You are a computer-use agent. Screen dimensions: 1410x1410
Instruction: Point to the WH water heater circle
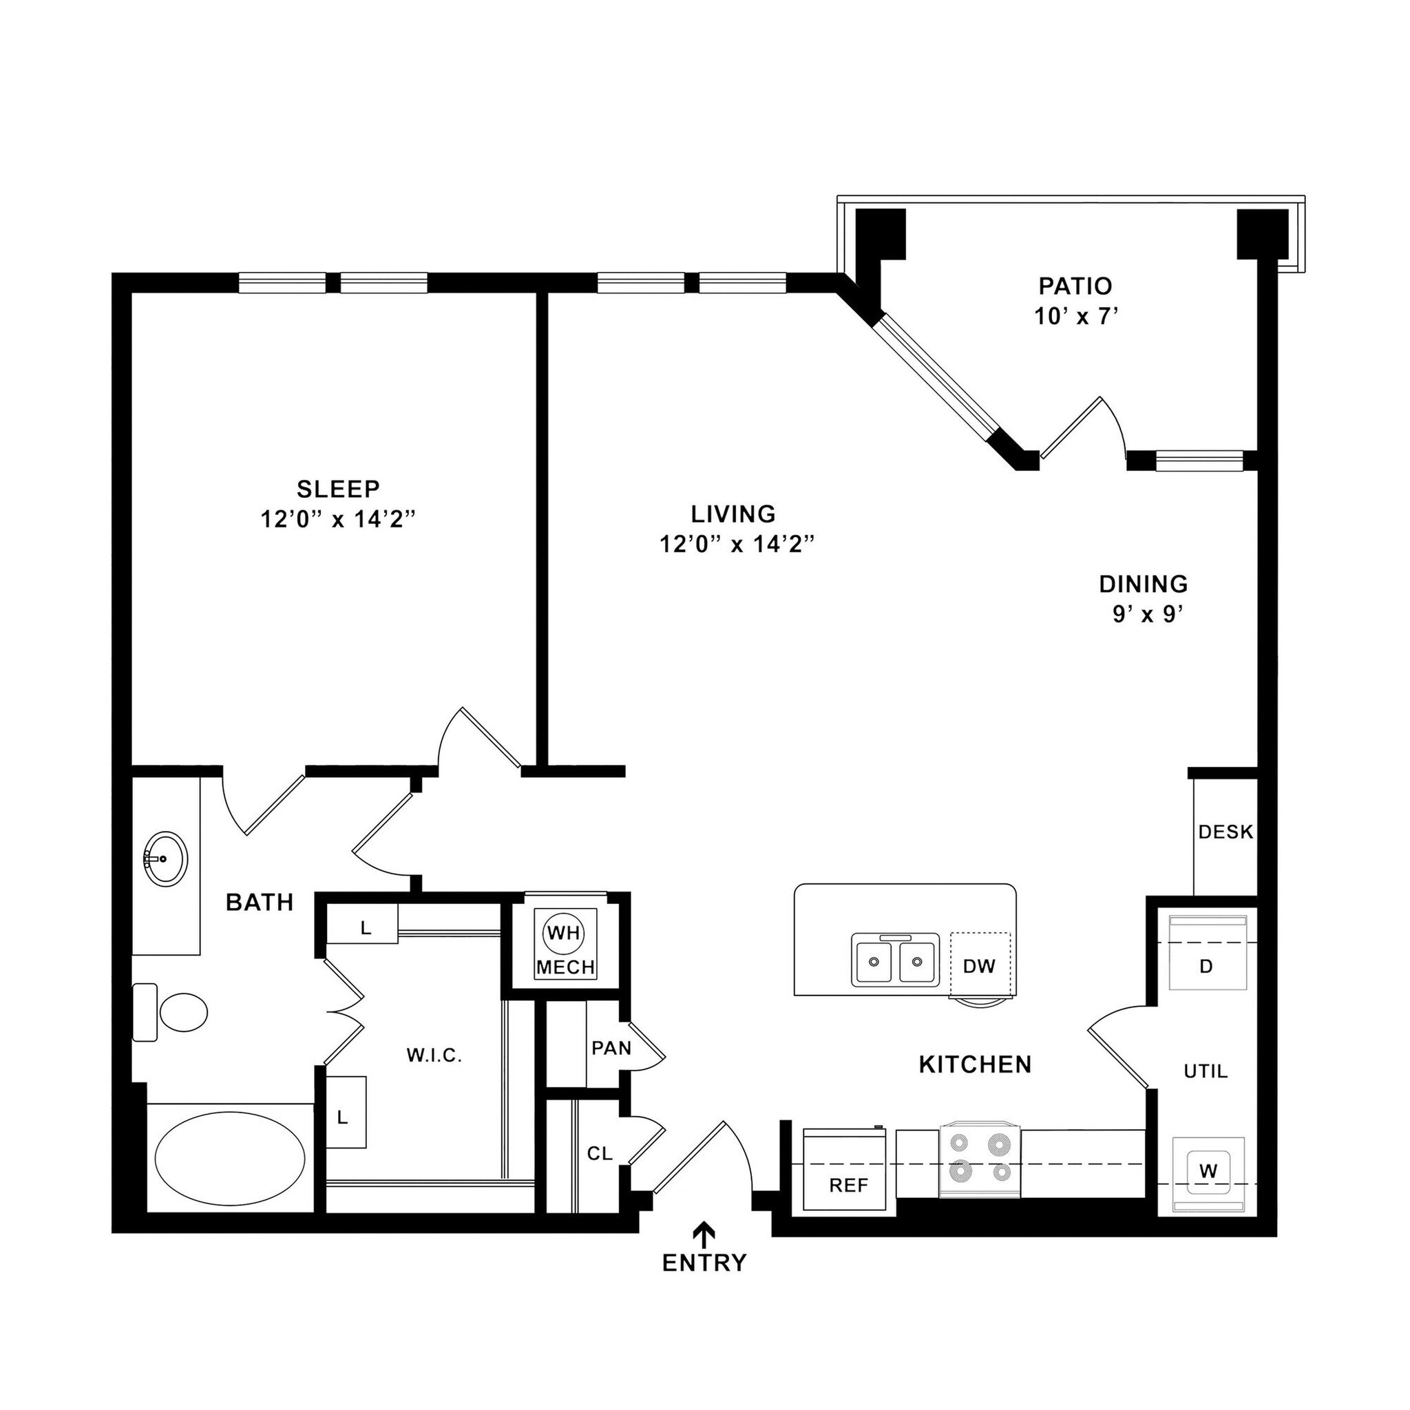coord(564,932)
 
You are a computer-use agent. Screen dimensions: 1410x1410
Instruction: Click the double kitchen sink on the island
coord(895,961)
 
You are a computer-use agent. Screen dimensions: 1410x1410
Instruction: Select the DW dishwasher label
coord(979,966)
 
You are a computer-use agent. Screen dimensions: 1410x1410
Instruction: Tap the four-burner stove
coord(980,1159)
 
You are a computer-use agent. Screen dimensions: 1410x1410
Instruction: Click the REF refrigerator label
coord(848,1186)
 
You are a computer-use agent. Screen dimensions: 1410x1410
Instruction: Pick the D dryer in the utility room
coord(1206,966)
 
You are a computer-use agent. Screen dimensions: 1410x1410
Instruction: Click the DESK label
coord(1225,832)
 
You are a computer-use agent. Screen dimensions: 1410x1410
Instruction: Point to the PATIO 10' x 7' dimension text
coord(1076,317)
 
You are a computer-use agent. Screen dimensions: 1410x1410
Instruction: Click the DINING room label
coord(1144,585)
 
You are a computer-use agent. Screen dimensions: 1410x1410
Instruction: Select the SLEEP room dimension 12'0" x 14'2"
coord(338,520)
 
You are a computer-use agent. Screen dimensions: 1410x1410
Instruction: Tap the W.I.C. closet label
coord(434,1055)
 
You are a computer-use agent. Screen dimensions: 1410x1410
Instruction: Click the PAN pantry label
coord(611,1048)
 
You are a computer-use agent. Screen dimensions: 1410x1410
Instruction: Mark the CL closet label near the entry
coord(599,1154)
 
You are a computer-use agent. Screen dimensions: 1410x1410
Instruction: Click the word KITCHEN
coord(975,1065)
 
